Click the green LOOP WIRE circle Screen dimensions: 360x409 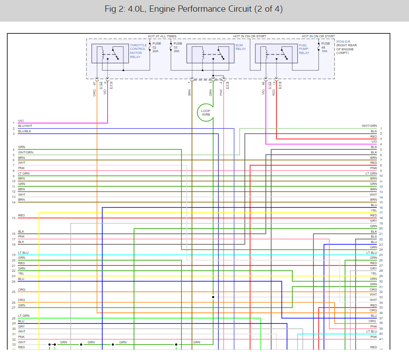coord(206,112)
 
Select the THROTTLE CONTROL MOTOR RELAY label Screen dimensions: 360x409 coord(138,51)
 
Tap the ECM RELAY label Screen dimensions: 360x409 coord(241,47)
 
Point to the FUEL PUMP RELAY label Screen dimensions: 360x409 coord(304,49)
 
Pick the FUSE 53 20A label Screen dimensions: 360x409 coord(178,47)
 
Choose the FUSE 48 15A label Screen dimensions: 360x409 coord(326,47)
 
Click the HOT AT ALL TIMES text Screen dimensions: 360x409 coord(162,36)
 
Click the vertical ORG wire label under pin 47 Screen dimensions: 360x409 coord(95,92)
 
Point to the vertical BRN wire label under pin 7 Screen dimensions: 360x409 coord(190,92)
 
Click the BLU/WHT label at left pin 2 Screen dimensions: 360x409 coord(25,126)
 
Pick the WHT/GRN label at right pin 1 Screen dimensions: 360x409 coord(369,126)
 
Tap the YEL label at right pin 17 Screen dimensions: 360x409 coord(373,210)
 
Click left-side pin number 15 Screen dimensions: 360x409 coord(14,218)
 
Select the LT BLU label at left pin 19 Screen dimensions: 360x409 coord(23,253)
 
